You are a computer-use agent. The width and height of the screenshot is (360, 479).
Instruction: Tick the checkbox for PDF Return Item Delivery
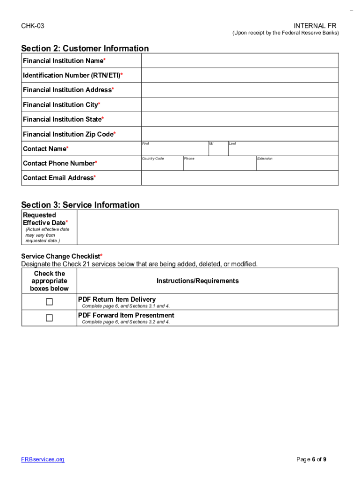coord(49,302)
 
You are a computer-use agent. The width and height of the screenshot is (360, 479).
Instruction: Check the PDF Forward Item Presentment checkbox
coord(49,318)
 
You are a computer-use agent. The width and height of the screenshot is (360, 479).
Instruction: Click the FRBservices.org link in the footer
coord(43,459)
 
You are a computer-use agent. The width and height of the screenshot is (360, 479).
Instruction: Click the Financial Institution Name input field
coord(240,61)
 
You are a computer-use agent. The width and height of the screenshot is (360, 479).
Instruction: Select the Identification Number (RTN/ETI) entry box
coord(240,75)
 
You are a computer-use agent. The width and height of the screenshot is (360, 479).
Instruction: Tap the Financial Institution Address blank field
coord(240,90)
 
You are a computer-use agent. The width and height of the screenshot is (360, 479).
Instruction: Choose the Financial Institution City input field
coord(240,105)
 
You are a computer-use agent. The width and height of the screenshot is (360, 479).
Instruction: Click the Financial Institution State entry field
coord(240,119)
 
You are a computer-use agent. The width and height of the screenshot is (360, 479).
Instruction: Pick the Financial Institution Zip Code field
coord(240,134)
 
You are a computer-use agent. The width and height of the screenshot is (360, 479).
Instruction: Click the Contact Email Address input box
coord(240,178)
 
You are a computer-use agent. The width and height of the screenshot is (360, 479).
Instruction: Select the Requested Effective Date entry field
coord(207,227)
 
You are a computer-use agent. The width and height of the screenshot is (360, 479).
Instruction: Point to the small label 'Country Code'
coord(153,159)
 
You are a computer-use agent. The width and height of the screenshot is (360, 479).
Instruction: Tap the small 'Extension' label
coord(265,159)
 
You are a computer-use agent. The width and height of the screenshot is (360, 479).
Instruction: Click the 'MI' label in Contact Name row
coord(211,144)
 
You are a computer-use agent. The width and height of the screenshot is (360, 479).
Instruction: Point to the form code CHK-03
coord(33,26)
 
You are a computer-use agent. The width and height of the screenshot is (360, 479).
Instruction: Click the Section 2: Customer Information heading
coord(85,48)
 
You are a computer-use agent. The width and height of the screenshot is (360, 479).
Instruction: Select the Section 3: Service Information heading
coord(80,204)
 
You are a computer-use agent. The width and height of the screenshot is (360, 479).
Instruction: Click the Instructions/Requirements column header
coord(197,281)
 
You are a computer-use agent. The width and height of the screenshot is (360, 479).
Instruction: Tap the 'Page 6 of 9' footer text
coord(311,459)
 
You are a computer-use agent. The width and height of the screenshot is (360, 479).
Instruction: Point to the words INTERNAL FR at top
coord(315,25)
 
